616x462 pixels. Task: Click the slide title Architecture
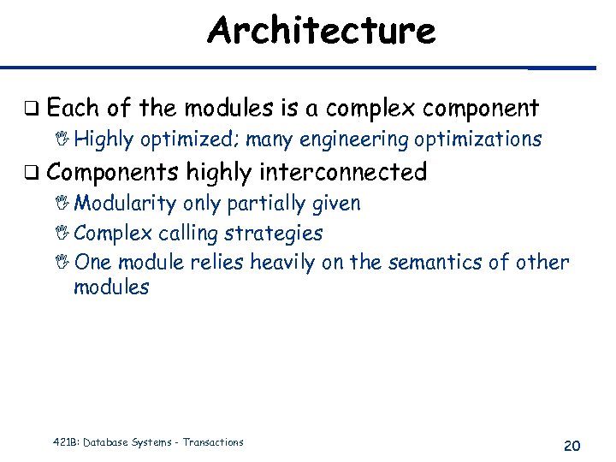coord(321,31)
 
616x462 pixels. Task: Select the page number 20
coord(572,445)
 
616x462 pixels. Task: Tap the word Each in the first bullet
coord(74,108)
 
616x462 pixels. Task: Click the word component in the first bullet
coord(481,109)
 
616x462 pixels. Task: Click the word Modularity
coord(125,204)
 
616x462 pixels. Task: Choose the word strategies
coord(283,233)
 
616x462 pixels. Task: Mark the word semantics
coord(434,262)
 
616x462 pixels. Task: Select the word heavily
coord(282,262)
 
